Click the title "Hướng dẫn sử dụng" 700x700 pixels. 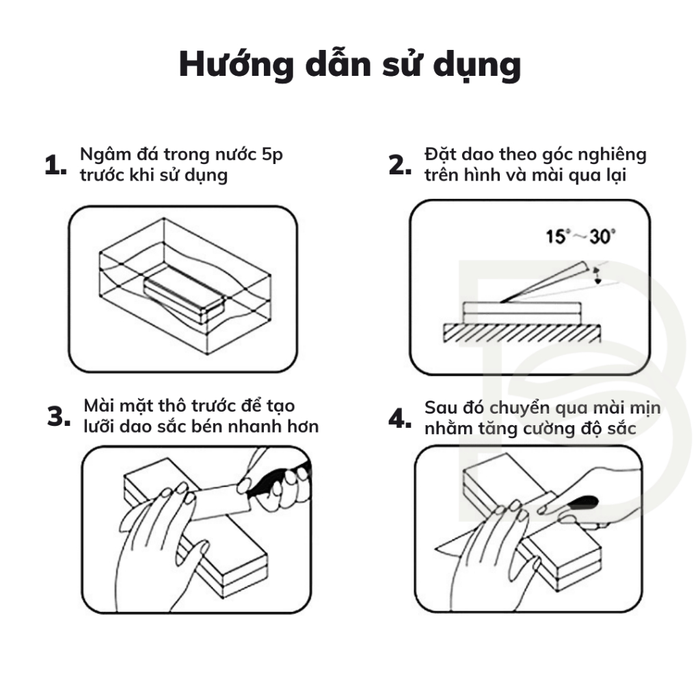click(x=349, y=65)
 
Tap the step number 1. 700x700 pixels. click(x=55, y=166)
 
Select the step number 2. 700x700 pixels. click(x=399, y=165)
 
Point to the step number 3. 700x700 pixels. click(x=58, y=416)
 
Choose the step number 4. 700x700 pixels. click(x=399, y=418)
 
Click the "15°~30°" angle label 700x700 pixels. click(x=580, y=237)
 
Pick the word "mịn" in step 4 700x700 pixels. click(x=646, y=409)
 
